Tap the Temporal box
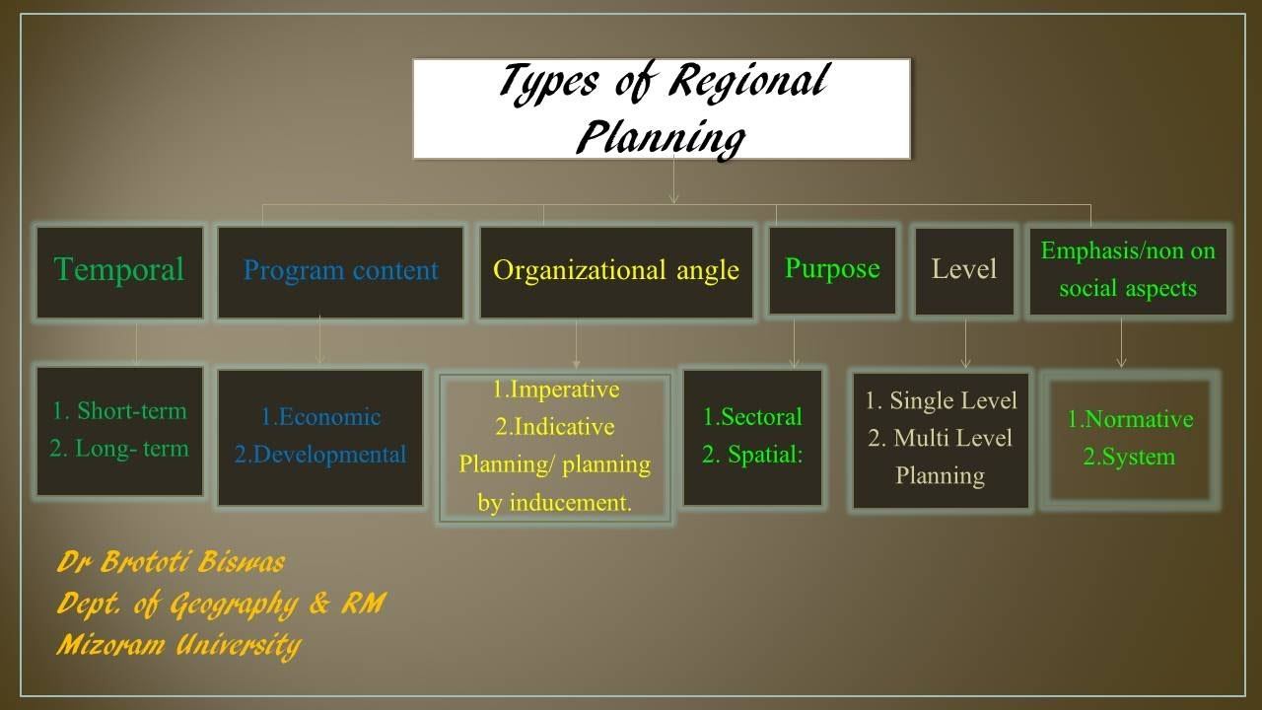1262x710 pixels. (x=119, y=271)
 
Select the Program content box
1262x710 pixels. (x=340, y=271)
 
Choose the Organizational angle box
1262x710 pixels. (x=616, y=271)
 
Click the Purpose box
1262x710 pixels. (x=832, y=269)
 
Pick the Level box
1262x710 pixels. (x=964, y=270)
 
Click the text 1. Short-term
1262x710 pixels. (x=119, y=411)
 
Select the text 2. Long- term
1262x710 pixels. (x=119, y=449)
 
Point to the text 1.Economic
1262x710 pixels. (x=320, y=417)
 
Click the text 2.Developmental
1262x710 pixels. (x=320, y=455)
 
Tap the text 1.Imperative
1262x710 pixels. (x=556, y=390)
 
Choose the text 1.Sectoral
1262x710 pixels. (x=752, y=417)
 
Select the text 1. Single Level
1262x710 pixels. (x=941, y=401)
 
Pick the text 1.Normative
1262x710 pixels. (x=1130, y=420)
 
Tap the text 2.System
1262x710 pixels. (x=1130, y=458)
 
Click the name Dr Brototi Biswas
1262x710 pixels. (x=172, y=563)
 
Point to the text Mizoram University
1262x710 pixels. (x=178, y=645)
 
